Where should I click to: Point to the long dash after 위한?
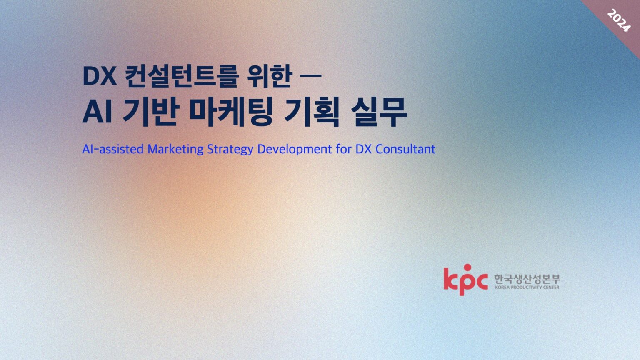(310, 76)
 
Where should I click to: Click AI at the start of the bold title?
(97, 112)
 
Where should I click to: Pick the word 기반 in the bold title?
(151, 112)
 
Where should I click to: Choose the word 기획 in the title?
(311, 112)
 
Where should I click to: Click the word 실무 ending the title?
(378, 112)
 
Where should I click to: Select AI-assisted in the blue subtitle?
(112, 149)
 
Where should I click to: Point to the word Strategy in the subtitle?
(230, 149)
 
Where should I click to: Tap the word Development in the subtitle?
(294, 149)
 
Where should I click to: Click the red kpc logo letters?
(465, 281)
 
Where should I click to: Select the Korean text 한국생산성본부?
(527, 279)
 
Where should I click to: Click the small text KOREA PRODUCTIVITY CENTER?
(527, 287)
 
